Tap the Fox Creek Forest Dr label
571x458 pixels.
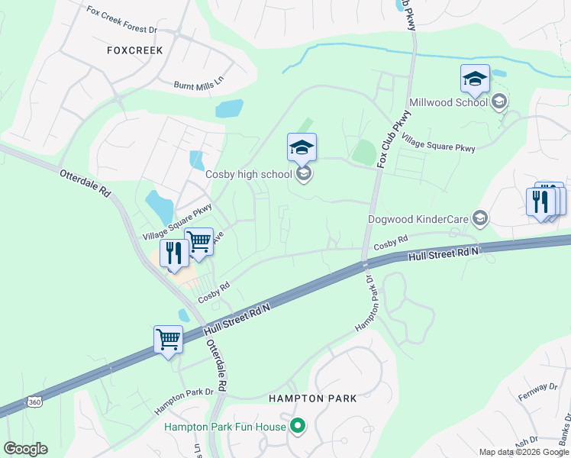click(x=122, y=20)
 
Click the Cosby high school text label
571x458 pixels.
click(x=249, y=174)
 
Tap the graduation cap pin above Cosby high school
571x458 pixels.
click(x=302, y=147)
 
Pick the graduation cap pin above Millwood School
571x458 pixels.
click(x=475, y=79)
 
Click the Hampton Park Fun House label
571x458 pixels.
click(x=224, y=427)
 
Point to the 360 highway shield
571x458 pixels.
click(x=33, y=402)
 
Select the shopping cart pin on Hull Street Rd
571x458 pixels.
click(x=168, y=338)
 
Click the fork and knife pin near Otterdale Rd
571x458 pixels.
click(x=174, y=253)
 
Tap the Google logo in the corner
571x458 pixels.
click(x=25, y=449)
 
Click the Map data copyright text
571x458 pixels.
click(x=524, y=452)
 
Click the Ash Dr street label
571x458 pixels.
click(x=527, y=443)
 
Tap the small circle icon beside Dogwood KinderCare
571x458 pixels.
click(x=480, y=219)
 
